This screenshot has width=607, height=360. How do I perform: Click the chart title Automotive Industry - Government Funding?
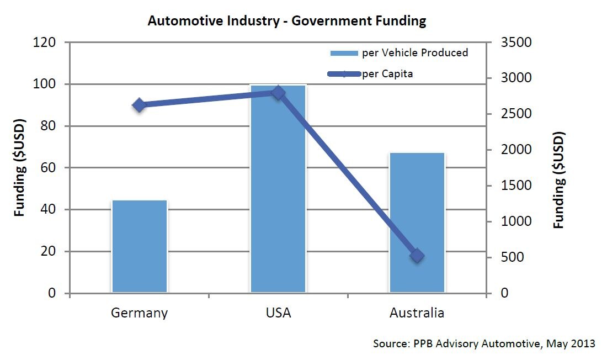pyautogui.click(x=286, y=22)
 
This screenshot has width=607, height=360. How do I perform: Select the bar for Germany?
pyautogui.click(x=139, y=246)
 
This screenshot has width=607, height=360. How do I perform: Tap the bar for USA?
pyautogui.click(x=278, y=188)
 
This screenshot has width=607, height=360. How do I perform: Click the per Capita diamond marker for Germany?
pyautogui.click(x=139, y=105)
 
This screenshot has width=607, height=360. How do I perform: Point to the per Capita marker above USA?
pyautogui.click(x=278, y=92)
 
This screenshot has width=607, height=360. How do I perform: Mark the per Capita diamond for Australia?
pyautogui.click(x=417, y=256)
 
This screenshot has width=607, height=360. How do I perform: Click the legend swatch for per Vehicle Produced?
pyautogui.click(x=344, y=53)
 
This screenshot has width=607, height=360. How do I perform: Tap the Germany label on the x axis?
pyautogui.click(x=139, y=313)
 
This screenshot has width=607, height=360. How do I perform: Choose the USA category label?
pyautogui.click(x=278, y=313)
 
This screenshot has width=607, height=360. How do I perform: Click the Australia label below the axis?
pyautogui.click(x=417, y=313)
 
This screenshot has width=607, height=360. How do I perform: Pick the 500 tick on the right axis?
pyautogui.click(x=512, y=257)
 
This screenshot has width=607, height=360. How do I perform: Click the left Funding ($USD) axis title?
pyautogui.click(x=20, y=167)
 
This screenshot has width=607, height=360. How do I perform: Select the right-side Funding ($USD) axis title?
pyautogui.click(x=559, y=179)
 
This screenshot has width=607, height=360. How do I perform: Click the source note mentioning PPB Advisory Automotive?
pyautogui.click(x=484, y=343)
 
